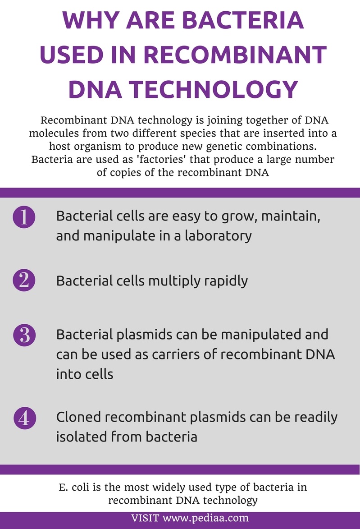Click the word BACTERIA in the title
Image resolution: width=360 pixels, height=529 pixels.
(x=243, y=20)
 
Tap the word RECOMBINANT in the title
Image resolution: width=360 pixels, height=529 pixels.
(x=235, y=55)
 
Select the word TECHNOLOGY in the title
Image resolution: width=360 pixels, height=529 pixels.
(x=214, y=89)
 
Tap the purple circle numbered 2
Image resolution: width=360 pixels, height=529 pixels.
(x=24, y=281)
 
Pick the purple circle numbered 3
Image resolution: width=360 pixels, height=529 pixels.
(x=24, y=335)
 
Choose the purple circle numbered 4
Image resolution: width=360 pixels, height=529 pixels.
(x=25, y=418)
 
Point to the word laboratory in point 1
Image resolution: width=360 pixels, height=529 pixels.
(x=218, y=236)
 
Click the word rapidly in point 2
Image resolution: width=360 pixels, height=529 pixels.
(x=226, y=281)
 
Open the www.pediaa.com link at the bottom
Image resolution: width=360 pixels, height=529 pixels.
(x=205, y=518)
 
